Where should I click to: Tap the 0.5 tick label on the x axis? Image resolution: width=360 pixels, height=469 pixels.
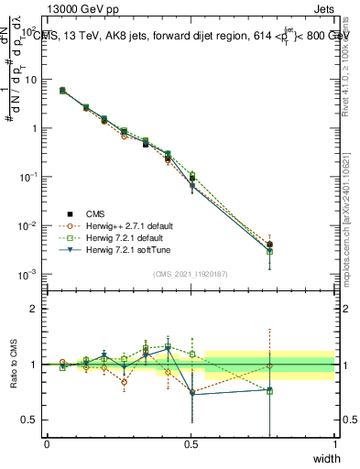(191, 444)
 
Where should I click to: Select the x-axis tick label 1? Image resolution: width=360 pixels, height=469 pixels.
(334, 444)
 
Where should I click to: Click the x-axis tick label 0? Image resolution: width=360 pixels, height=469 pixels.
(47, 444)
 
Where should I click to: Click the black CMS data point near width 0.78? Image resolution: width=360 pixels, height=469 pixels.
(269, 245)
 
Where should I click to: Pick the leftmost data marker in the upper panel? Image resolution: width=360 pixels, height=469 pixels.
(61, 91)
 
